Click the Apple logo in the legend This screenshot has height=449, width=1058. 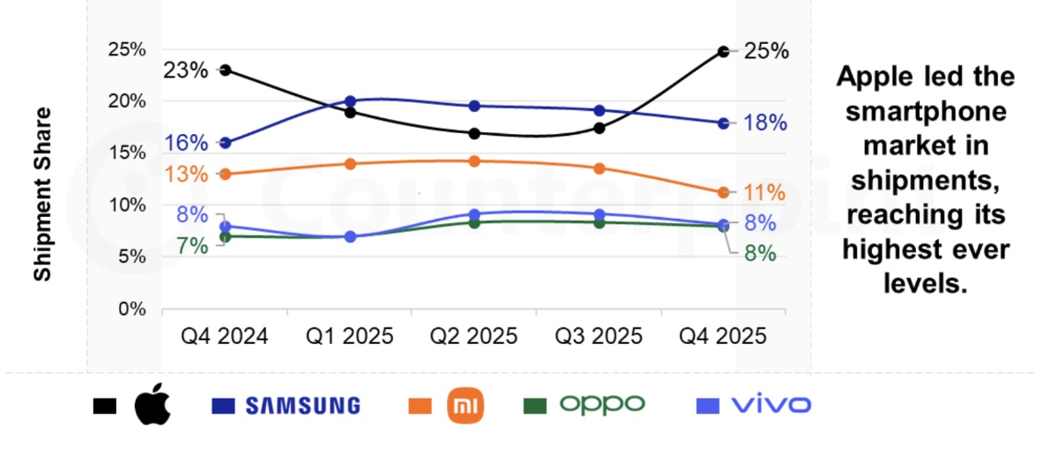pos(153,405)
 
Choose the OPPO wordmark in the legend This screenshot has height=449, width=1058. pos(603,405)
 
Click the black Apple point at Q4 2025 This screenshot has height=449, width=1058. pos(723,52)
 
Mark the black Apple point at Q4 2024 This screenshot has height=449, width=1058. pos(226,70)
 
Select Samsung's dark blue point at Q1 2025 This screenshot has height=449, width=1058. pos(350,101)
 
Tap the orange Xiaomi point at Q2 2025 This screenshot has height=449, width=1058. pos(474,161)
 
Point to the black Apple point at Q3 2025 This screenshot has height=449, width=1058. pos(600,128)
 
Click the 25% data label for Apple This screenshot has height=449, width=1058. pos(765,51)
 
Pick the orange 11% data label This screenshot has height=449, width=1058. pos(764,192)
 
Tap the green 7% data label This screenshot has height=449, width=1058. pos(193,246)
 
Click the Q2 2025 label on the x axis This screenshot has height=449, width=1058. pos(473,337)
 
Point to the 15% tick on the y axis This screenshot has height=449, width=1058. pos(126,153)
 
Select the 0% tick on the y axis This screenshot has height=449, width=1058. pos(131,309)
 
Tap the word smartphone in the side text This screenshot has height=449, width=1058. pos(925,112)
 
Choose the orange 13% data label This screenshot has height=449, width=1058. pos(186,175)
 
